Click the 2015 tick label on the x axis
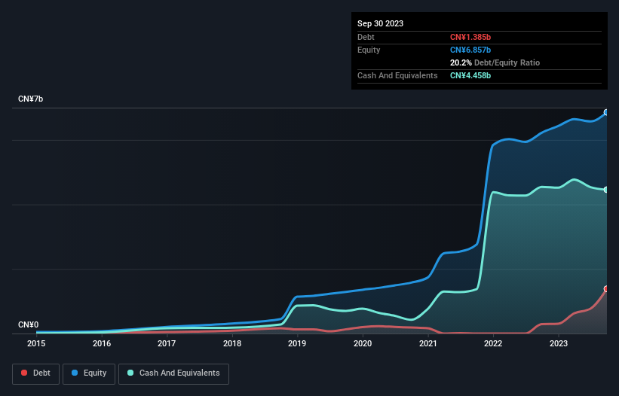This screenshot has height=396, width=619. [x=36, y=343]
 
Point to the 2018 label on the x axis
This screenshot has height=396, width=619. [x=232, y=343]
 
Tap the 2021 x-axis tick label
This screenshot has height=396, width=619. [x=428, y=343]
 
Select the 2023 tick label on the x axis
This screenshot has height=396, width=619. [x=559, y=343]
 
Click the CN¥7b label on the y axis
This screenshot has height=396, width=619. [x=31, y=99]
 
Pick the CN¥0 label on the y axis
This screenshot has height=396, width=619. [x=28, y=324]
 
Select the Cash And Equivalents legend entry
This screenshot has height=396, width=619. [x=173, y=373]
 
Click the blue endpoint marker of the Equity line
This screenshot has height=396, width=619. [x=606, y=112]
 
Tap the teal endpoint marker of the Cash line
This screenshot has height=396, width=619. [x=606, y=190]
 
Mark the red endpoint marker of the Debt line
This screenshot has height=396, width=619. [x=606, y=289]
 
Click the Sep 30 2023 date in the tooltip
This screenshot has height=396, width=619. [x=380, y=23]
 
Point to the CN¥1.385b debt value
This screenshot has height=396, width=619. [x=472, y=37]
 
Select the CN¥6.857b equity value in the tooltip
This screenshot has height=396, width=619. [x=472, y=50]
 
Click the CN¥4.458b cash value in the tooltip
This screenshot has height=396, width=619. [x=472, y=75]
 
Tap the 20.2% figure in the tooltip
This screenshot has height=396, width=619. [x=461, y=62]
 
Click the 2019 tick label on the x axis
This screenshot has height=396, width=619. [x=297, y=343]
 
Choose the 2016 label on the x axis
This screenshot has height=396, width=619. [x=102, y=343]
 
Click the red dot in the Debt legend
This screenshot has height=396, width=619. [x=24, y=373]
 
